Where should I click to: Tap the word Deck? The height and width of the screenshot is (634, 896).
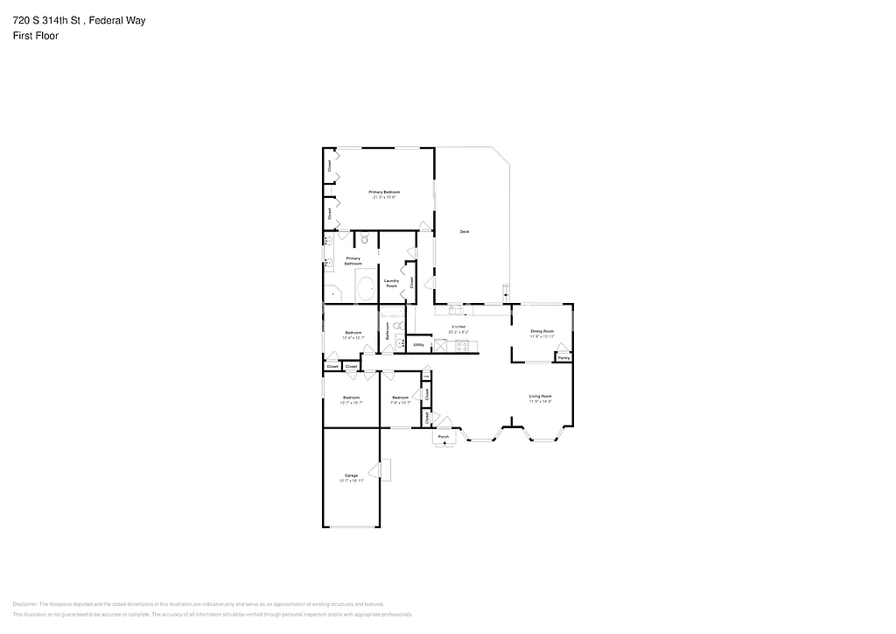(465, 232)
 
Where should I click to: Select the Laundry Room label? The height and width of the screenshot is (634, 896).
(391, 283)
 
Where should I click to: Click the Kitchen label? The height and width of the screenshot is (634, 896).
(458, 327)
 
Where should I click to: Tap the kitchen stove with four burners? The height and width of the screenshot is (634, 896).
(461, 346)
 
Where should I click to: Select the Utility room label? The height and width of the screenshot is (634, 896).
(418, 345)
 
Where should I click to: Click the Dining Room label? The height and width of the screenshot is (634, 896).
(542, 331)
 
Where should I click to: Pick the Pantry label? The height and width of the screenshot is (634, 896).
(563, 357)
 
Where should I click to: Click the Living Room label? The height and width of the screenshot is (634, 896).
(540, 397)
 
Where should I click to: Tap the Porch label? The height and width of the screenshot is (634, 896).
(444, 437)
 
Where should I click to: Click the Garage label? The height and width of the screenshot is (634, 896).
(350, 475)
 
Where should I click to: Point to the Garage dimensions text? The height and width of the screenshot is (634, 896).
(350, 482)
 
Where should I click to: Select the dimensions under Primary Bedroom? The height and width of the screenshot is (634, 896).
(384, 198)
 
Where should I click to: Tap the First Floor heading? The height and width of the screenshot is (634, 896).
(36, 36)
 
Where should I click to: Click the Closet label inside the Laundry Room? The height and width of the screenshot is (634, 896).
(412, 282)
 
